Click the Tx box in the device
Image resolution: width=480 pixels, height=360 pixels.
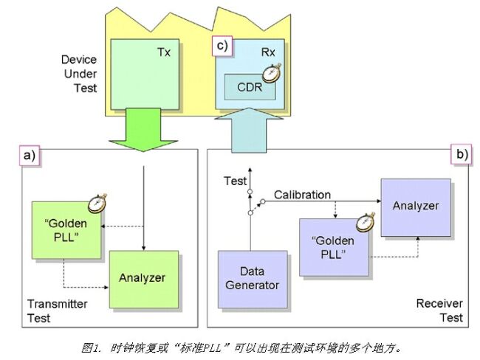(x=144, y=72)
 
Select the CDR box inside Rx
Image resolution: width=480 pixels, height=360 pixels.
(x=250, y=88)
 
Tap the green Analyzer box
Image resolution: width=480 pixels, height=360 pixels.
(x=143, y=279)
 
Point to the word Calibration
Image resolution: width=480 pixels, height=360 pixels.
(x=302, y=195)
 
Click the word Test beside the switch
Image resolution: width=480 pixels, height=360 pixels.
(x=236, y=181)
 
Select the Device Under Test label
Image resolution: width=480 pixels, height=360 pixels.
(x=78, y=75)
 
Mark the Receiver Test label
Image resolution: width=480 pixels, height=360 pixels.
(x=439, y=310)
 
